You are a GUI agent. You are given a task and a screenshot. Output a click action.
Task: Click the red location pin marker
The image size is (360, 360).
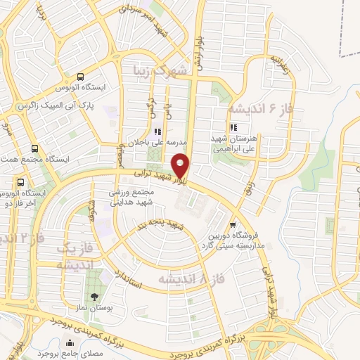coord(181,165)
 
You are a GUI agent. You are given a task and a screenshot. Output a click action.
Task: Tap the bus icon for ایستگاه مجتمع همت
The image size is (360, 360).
coord(35,148)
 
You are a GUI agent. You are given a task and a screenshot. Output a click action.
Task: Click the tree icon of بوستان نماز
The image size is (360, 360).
coord(95,295)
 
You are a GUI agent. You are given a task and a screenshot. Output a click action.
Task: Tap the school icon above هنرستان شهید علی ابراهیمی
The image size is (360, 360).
coord(233,128)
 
